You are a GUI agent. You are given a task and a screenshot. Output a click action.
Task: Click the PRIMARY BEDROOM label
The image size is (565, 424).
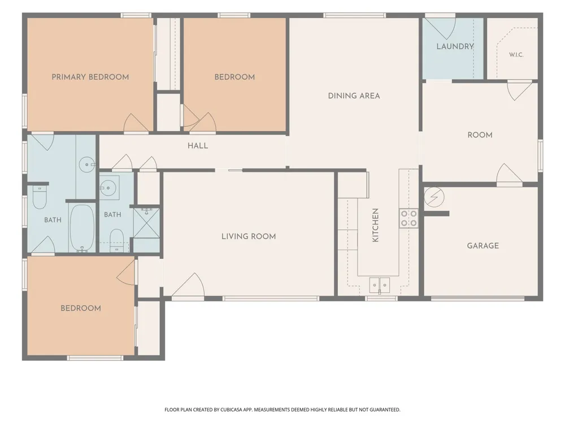90,77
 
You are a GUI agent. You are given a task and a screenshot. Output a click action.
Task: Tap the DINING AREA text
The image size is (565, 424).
354,96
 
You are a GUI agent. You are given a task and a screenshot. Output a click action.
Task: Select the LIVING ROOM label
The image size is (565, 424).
249,236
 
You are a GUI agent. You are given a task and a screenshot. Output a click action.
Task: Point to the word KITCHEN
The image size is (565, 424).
375,225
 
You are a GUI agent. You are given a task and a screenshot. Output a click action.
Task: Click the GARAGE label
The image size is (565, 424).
483,245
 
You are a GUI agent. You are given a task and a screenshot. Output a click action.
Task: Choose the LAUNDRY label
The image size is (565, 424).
455,46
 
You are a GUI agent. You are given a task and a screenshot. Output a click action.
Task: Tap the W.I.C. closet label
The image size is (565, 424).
516,55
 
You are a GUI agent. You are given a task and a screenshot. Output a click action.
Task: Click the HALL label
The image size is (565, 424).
197,146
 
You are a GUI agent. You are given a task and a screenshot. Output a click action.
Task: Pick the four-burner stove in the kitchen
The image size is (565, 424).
409,218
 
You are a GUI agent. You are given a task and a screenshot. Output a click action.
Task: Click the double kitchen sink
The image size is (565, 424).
380,285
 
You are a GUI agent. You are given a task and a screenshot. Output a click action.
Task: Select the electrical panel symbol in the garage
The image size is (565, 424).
434,197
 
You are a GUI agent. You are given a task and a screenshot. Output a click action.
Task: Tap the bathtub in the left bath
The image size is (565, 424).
82,228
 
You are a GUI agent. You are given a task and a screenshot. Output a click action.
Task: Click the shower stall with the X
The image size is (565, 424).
146,223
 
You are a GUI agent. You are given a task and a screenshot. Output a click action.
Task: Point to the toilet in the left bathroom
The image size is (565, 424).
40,197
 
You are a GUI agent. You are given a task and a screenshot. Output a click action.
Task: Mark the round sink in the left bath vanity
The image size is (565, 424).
86,165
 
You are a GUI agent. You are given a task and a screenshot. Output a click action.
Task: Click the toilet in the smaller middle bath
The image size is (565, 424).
116,240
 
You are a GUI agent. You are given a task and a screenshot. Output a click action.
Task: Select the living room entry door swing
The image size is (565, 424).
189,285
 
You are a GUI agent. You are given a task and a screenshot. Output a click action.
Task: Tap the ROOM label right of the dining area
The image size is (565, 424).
480,135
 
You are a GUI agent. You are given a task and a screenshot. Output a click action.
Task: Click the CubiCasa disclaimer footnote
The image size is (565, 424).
282,409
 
